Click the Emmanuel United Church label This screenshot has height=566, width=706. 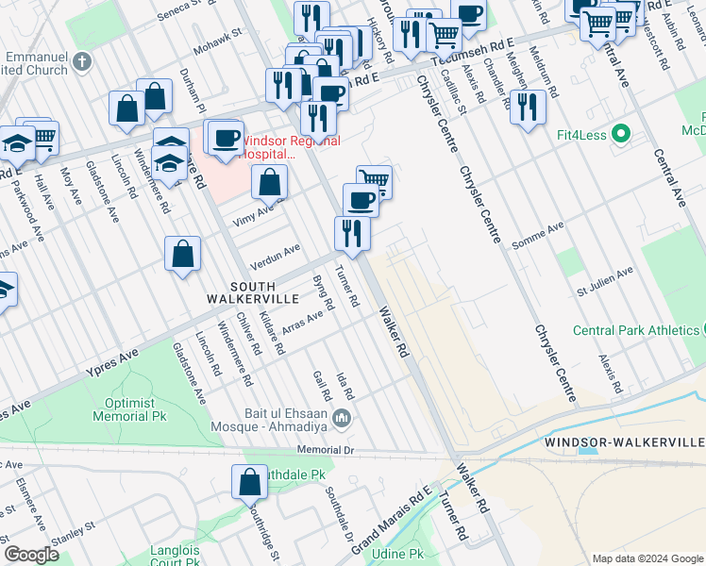point(34,62)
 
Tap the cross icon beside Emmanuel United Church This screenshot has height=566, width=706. point(82,62)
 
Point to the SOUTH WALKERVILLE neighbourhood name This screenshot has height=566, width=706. point(242,291)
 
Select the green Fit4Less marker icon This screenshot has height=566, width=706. point(620,133)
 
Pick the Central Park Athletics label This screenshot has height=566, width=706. point(635,330)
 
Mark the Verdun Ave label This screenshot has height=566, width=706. point(273,254)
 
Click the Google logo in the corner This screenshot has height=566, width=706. point(31,554)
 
